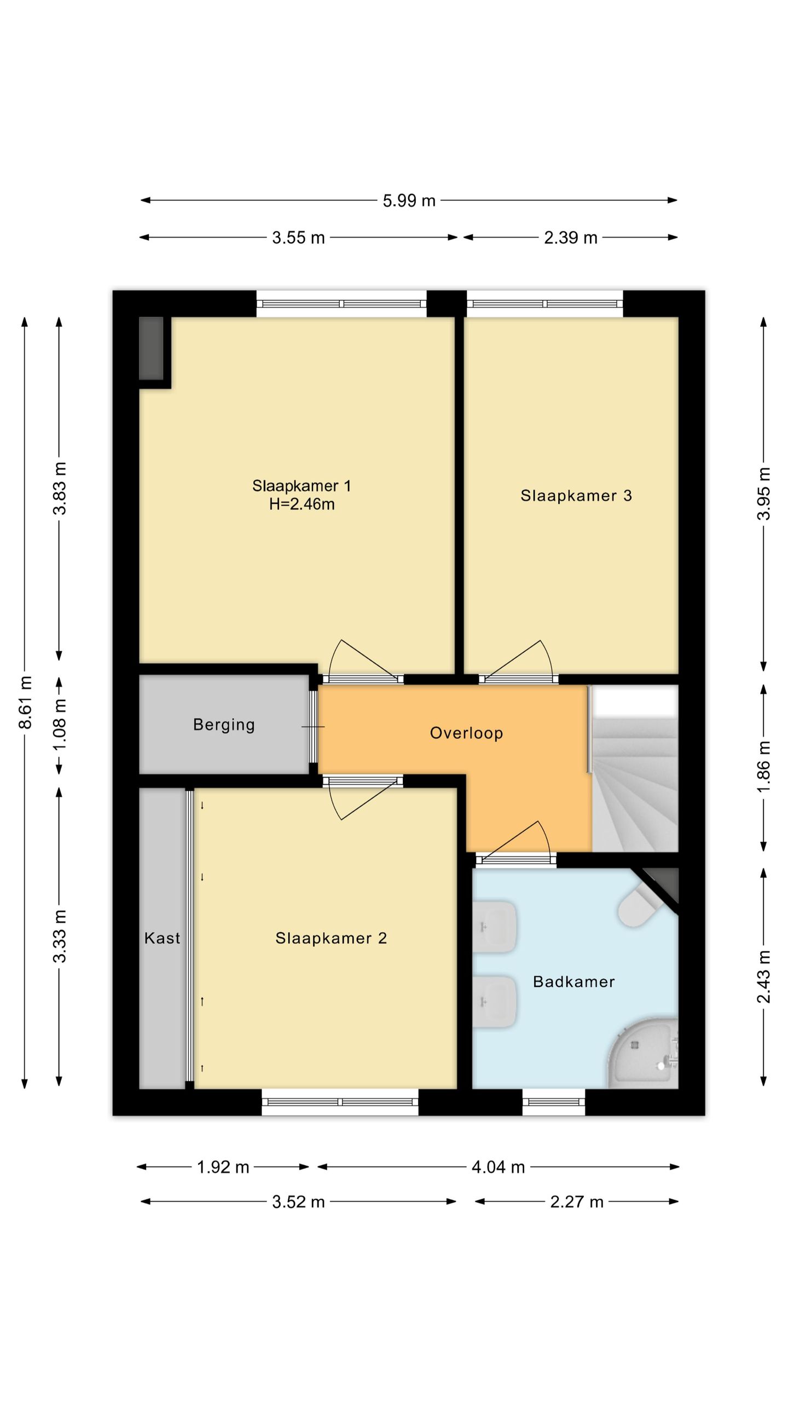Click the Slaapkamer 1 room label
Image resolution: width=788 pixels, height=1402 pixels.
[302, 486]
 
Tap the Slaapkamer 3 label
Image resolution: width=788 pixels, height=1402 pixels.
[576, 496]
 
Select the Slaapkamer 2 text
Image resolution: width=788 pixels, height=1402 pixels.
[331, 938]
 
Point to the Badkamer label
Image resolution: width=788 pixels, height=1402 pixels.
[574, 981]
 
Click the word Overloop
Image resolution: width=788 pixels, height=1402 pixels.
[466, 733]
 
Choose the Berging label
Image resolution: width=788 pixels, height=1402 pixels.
[224, 725]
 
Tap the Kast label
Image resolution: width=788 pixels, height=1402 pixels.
[162, 938]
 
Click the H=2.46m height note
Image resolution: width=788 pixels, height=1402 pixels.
[302, 504]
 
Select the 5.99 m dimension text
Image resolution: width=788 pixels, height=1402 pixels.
[409, 201]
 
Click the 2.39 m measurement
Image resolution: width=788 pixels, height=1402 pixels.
[570, 238]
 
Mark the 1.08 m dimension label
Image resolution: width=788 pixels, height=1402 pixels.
[60, 725]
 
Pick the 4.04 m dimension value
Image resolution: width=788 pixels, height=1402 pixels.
[498, 1167]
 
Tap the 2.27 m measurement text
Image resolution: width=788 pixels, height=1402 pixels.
[576, 1202]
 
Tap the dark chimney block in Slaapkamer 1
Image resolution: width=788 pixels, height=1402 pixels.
[152, 348]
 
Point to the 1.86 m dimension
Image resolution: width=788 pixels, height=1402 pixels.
[764, 766]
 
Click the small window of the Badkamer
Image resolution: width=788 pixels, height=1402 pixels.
[553, 1102]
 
